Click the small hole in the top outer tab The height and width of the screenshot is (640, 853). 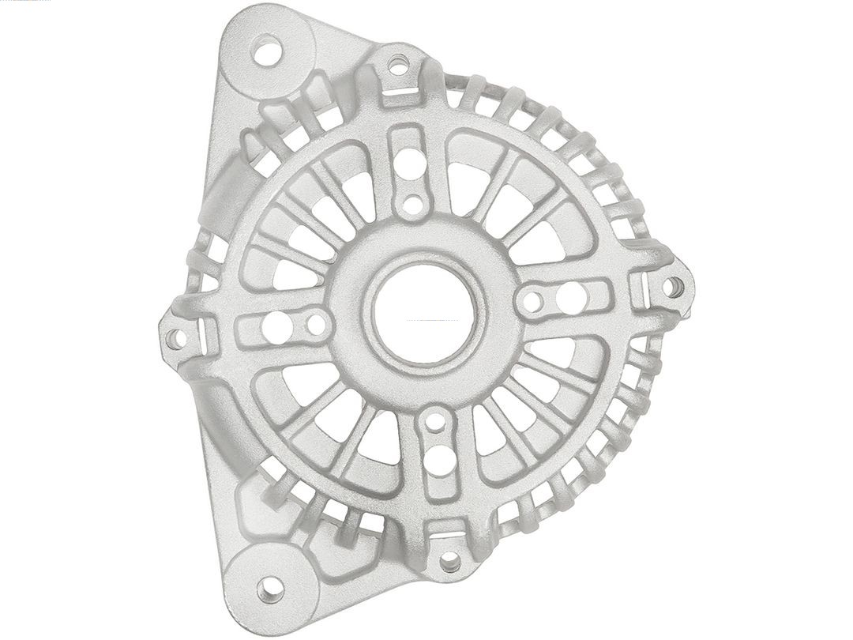click(398, 61)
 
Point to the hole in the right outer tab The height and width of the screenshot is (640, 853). click(673, 286)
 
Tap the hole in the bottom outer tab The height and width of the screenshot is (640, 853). click(449, 562)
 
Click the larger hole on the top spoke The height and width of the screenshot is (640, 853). click(411, 168)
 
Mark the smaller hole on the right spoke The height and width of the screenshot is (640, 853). click(535, 300)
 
